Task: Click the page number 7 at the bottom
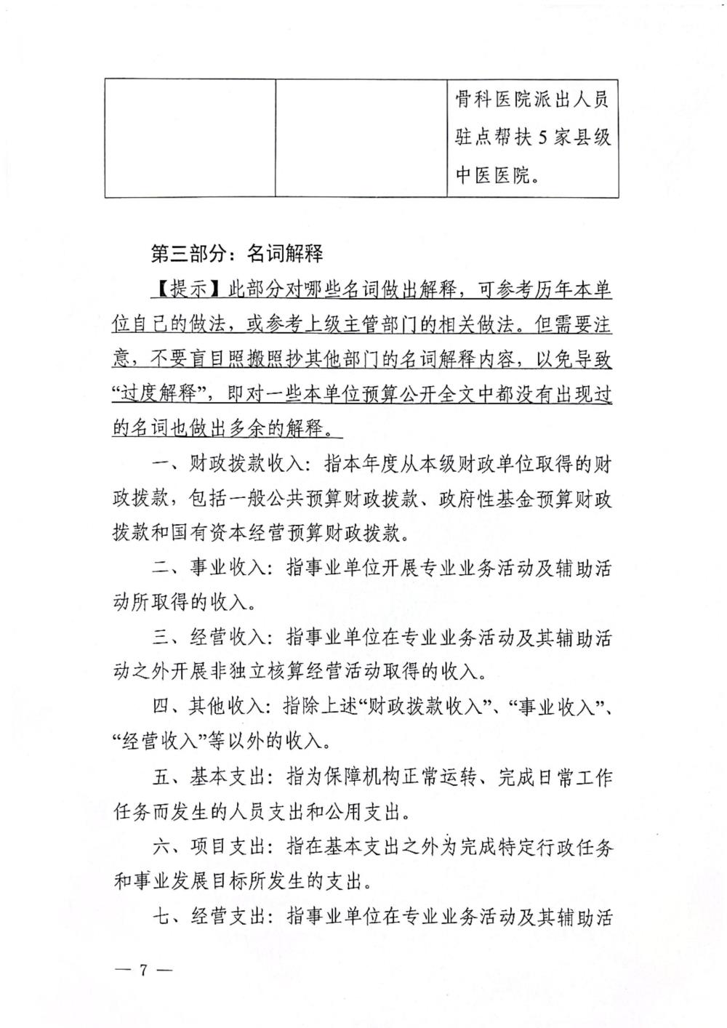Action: point(143,969)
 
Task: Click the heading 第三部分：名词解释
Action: point(236,254)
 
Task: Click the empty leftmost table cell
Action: point(190,137)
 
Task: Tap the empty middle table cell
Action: point(361,137)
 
